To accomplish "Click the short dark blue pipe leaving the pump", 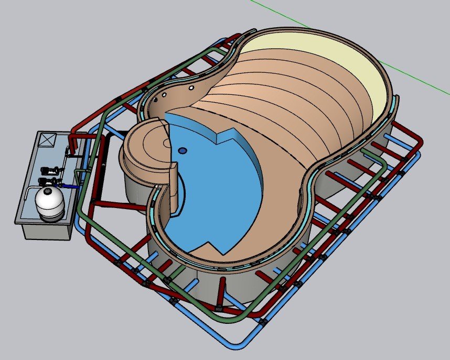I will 68,186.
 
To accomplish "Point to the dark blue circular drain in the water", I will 182,150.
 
